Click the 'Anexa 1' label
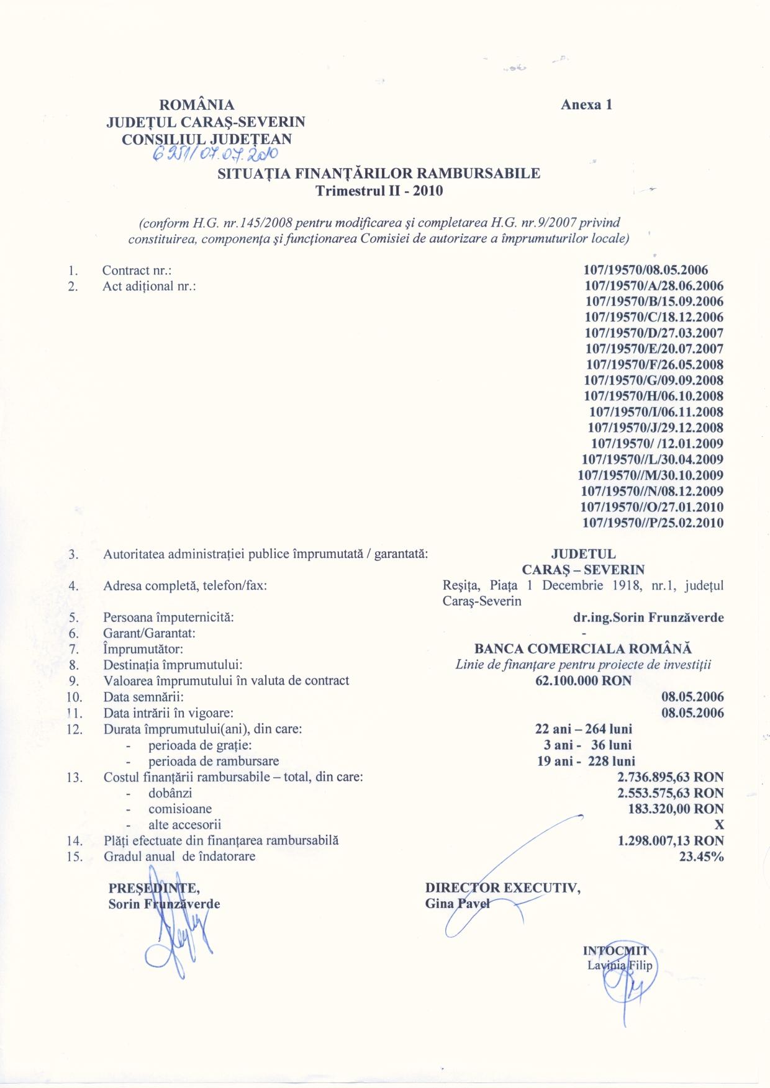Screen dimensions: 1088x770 pyautogui.click(x=586, y=104)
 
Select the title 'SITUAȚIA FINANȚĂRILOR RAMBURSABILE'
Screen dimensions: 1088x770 pyautogui.click(x=379, y=174)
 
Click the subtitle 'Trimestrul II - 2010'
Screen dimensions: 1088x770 pyautogui.click(x=379, y=191)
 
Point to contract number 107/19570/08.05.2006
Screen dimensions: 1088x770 pyautogui.click(x=646, y=270)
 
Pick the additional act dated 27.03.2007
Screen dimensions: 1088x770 pyautogui.click(x=654, y=333)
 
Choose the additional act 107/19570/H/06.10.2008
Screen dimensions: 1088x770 pyautogui.click(x=654, y=396)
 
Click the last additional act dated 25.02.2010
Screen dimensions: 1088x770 pyautogui.click(x=653, y=523)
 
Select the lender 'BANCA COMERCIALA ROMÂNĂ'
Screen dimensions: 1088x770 pyautogui.click(x=582, y=649)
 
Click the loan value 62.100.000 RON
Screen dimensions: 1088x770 pyautogui.click(x=583, y=681)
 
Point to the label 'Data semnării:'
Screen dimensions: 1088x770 pyautogui.click(x=143, y=697)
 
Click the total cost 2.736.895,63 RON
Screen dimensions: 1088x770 pyautogui.click(x=671, y=777)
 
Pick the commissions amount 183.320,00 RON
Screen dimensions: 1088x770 pyautogui.click(x=676, y=809)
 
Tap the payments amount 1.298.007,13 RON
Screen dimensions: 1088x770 pyautogui.click(x=671, y=841)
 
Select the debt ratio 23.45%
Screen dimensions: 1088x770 pyautogui.click(x=701, y=857)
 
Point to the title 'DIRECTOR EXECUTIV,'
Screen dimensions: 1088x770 pyautogui.click(x=503, y=888)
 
